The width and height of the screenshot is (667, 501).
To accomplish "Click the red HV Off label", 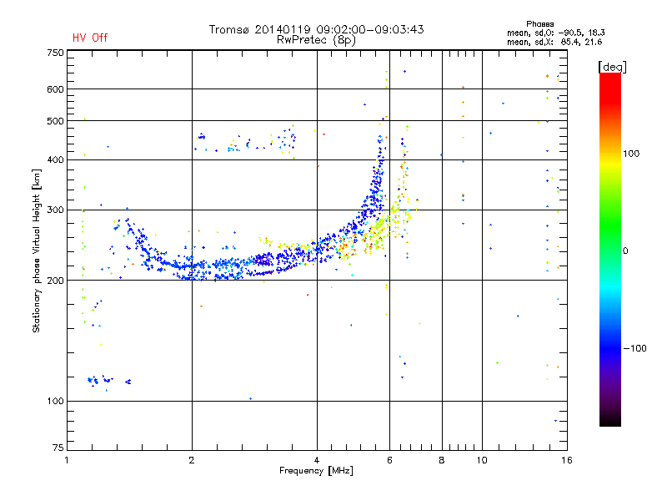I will (89, 38).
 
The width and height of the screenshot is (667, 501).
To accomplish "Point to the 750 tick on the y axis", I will (55, 53).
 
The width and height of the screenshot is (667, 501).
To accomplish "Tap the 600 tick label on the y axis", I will (55, 89).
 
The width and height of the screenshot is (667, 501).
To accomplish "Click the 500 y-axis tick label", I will (55, 121).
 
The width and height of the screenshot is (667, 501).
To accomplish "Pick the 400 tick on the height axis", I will (55, 160).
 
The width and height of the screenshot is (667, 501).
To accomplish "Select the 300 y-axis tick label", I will (55, 210).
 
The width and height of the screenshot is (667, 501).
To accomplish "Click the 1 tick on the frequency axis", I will (67, 460).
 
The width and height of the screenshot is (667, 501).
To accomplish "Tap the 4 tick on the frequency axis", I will (317, 460).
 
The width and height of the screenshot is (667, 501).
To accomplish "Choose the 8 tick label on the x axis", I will (442, 460).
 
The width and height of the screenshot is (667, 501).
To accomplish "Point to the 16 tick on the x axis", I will (565, 460).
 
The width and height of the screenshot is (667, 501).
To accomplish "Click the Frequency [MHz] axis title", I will (316, 472).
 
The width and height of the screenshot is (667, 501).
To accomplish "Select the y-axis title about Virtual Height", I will (37, 250).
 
